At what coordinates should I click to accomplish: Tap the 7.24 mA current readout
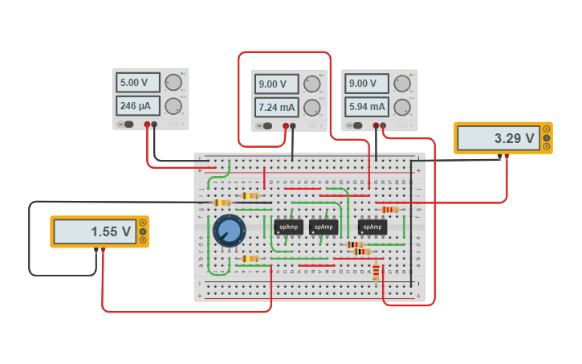click(x=276, y=107)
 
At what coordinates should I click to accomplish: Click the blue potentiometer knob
click(x=229, y=231)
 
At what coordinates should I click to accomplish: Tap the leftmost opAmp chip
click(x=289, y=227)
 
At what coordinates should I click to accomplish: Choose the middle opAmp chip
click(x=323, y=227)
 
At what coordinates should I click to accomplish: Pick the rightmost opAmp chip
click(x=372, y=227)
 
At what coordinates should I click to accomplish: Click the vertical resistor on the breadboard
click(x=376, y=274)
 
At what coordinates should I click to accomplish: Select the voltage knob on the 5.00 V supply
click(x=173, y=83)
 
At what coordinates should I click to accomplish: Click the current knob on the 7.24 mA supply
click(x=312, y=107)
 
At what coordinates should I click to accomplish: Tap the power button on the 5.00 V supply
click(x=126, y=125)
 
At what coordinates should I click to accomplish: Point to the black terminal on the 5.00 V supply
click(x=155, y=125)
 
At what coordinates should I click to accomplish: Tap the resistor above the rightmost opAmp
click(x=390, y=210)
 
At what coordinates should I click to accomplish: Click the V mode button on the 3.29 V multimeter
click(x=547, y=137)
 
